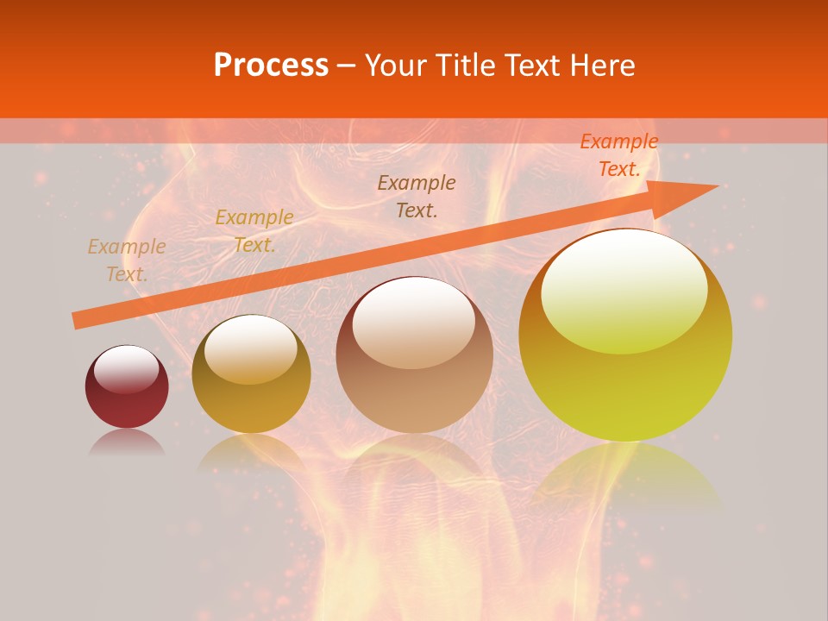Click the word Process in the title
pos(271,66)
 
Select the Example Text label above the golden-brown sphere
pos(254,231)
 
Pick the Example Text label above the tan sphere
pos(417,196)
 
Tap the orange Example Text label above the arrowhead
pos(619,155)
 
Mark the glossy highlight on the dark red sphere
pos(127,368)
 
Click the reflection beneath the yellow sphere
pos(625,474)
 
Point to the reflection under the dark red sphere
pos(127,443)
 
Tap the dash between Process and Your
pos(347,66)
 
